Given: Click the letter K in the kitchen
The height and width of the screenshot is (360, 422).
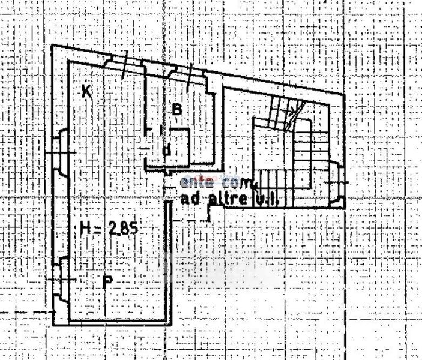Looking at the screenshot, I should pos(86,91).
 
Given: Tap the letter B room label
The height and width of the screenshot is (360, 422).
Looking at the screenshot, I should pos(176,109).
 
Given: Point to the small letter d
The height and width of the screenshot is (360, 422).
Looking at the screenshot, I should pos(167,151).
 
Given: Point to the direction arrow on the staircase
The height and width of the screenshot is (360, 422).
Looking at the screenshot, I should pos(294,110).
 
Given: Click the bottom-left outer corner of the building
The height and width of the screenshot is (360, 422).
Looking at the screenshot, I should pos(53,325).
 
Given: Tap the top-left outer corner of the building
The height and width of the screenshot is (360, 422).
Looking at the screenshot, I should pos(52,46).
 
